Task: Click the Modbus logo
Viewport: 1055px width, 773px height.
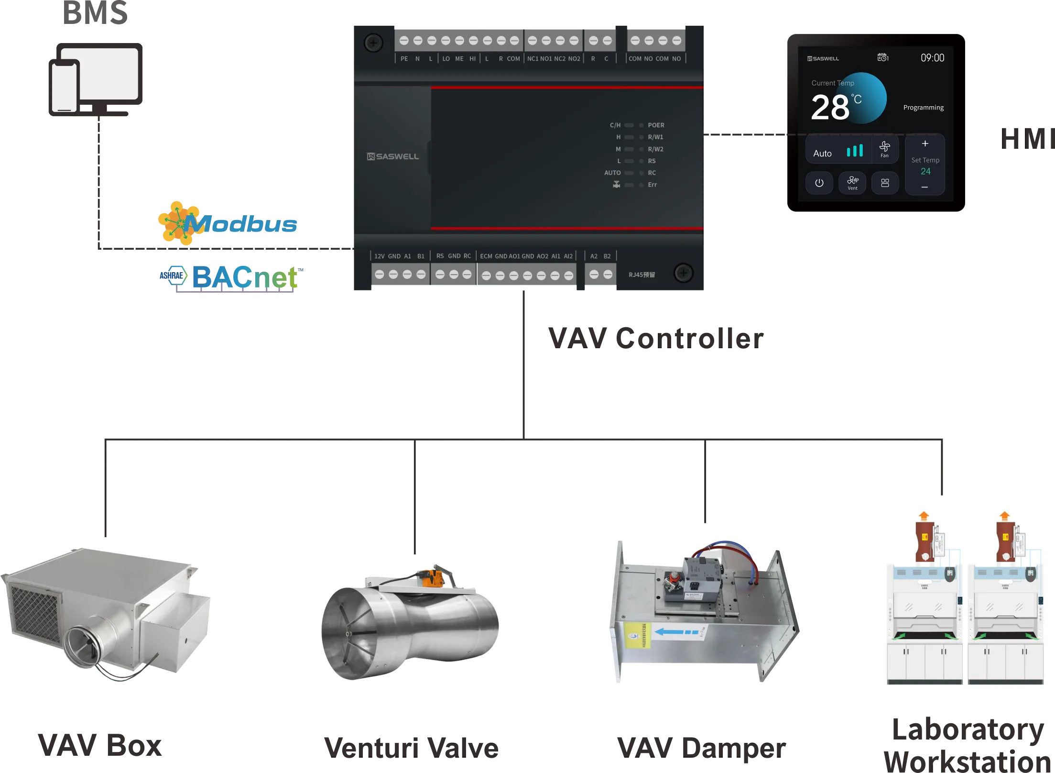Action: click(228, 223)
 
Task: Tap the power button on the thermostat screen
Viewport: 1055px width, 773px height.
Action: click(819, 183)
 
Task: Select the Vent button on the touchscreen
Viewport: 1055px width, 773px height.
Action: click(852, 183)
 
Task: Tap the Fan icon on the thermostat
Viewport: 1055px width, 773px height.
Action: click(884, 149)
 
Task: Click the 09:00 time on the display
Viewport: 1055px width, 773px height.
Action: click(932, 58)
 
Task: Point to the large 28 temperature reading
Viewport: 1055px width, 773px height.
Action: click(830, 108)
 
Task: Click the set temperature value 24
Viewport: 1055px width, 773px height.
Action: click(925, 171)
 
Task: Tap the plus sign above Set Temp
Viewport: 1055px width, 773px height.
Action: click(925, 144)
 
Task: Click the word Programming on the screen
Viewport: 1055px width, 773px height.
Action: click(923, 108)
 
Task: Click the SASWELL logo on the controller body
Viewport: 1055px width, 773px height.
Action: click(393, 156)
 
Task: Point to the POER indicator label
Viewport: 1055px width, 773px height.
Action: click(656, 125)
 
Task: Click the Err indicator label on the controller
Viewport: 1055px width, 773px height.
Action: click(652, 185)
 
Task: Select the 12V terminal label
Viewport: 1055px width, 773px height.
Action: click(379, 256)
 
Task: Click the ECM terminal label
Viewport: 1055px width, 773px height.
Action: click(486, 256)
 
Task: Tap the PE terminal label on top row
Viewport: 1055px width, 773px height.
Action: click(404, 59)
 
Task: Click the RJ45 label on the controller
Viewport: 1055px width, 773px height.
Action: click(642, 275)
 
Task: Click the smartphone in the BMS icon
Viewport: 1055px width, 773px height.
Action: click(65, 87)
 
